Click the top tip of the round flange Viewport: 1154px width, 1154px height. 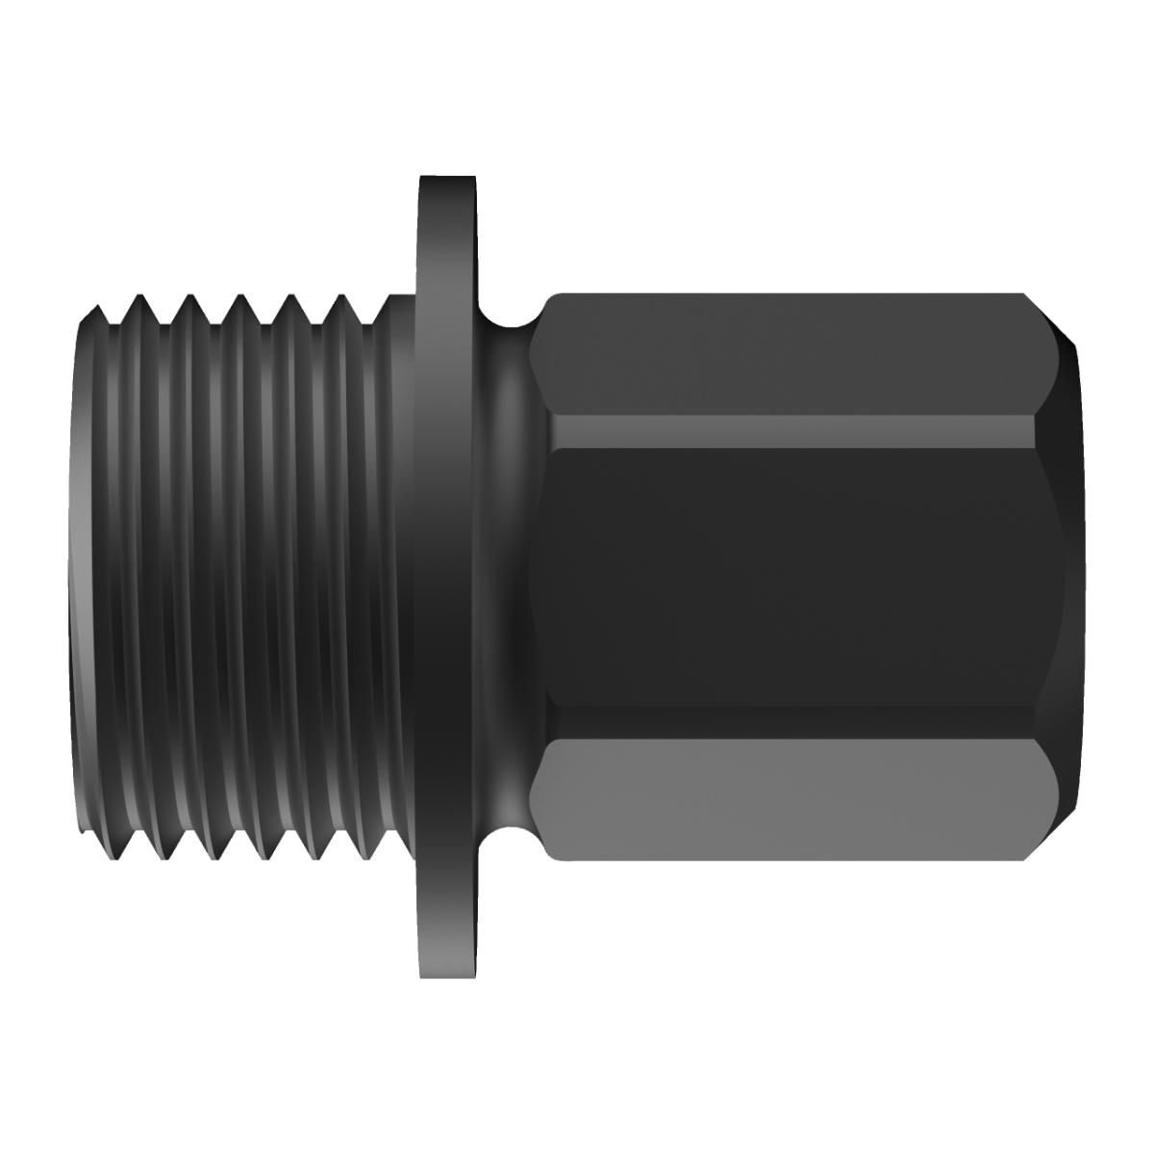pos(448,179)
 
